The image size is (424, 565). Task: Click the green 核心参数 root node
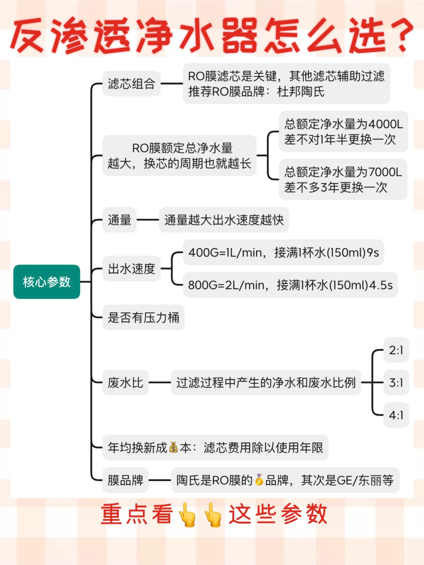click(x=47, y=282)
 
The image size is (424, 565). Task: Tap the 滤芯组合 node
click(x=131, y=84)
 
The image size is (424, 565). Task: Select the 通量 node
click(x=120, y=220)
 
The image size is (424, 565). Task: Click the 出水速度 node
click(x=131, y=269)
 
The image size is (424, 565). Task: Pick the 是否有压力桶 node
click(x=143, y=317)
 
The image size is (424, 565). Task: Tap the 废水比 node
click(x=125, y=382)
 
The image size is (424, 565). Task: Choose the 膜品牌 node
click(x=125, y=480)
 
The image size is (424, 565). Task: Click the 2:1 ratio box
click(x=396, y=350)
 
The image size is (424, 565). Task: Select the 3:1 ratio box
click(x=396, y=382)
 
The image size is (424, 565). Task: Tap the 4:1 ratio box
click(x=396, y=415)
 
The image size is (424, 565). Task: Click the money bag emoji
click(x=173, y=448)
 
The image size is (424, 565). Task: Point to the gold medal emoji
click(x=259, y=480)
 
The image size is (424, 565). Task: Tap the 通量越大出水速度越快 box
click(x=224, y=220)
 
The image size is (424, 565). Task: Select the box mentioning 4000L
click(x=343, y=132)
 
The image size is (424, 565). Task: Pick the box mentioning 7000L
click(x=343, y=180)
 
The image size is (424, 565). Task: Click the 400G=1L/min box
click(x=283, y=252)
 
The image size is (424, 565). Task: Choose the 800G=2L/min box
click(x=290, y=285)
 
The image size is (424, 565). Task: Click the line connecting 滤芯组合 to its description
click(x=172, y=83)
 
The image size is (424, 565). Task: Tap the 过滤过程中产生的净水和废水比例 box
click(x=266, y=382)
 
